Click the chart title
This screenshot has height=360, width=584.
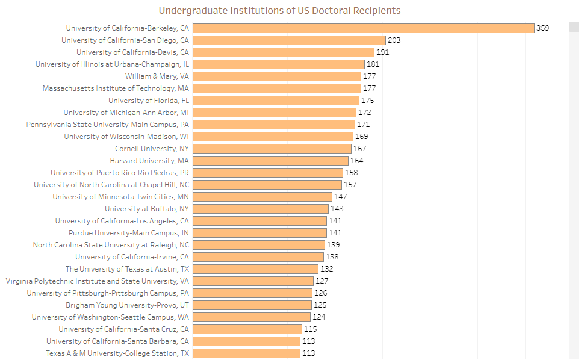279,11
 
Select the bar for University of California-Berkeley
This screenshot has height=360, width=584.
363,28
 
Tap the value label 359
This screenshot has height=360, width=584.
542,28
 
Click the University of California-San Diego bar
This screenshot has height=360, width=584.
289,40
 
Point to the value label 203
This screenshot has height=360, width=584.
394,40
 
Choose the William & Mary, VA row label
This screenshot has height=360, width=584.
157,76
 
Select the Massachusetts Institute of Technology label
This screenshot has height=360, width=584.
116,88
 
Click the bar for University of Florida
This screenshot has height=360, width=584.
276,101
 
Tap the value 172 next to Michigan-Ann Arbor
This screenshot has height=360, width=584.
365,113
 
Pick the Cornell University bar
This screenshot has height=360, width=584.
272,149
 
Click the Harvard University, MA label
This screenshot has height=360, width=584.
149,161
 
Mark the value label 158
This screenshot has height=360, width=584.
351,173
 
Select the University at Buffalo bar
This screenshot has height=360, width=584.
261,209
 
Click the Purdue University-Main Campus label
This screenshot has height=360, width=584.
129,233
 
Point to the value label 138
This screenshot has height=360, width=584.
332,257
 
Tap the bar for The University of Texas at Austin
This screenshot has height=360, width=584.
255,269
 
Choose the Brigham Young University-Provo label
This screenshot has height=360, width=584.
127,305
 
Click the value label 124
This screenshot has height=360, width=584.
319,317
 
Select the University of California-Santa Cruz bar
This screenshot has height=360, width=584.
247,329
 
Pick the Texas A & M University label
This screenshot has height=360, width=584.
117,353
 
